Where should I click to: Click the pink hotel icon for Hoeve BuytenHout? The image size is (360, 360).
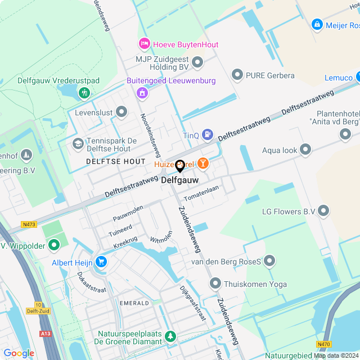[145, 44]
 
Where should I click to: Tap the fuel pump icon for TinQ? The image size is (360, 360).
[208, 134]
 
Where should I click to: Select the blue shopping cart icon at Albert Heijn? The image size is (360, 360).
[101, 262]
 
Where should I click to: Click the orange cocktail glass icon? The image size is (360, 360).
[202, 164]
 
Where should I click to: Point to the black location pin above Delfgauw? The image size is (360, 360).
[180, 166]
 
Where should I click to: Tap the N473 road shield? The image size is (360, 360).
[29, 224]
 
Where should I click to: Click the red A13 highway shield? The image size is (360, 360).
[45, 333]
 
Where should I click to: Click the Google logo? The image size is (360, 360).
[19, 353]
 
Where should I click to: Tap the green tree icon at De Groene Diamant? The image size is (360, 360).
[169, 336]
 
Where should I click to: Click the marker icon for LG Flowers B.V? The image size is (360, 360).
[323, 211]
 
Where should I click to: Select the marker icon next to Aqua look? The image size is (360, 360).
[305, 149]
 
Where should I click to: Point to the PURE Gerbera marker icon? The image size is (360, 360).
[236, 75]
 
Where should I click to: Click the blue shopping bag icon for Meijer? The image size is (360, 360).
[317, 24]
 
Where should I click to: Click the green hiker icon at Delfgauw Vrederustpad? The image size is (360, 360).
[84, 92]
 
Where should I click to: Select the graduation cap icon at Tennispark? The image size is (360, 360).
[78, 145]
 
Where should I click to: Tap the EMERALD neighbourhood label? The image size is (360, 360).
[134, 303]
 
